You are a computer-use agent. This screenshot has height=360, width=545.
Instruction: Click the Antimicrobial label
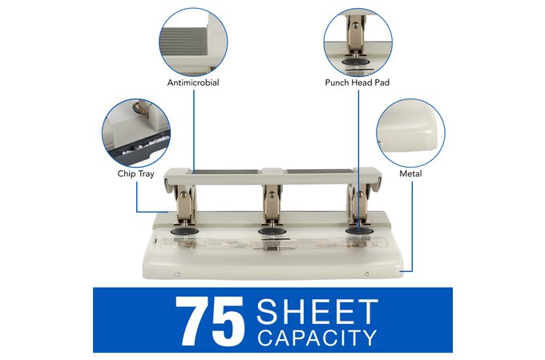pyautogui.click(x=193, y=83)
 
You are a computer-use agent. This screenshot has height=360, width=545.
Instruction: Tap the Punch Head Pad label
pyautogui.click(x=357, y=83)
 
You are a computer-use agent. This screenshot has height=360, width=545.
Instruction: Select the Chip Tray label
pyautogui.click(x=135, y=173)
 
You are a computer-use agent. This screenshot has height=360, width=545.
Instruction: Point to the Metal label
pyautogui.click(x=410, y=173)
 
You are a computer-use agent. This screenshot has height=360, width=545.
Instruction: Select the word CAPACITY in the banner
pyautogui.click(x=317, y=338)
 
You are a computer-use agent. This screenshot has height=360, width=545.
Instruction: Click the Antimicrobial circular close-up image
pyautogui.click(x=193, y=42)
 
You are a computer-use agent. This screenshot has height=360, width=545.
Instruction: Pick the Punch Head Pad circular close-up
pyautogui.click(x=358, y=42)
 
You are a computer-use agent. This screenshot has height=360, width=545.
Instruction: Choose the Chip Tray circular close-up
pyautogui.click(x=136, y=133)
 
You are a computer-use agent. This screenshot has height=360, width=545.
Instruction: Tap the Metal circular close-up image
pyautogui.click(x=410, y=133)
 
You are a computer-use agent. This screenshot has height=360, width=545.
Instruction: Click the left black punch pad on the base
pyautogui.click(x=184, y=232)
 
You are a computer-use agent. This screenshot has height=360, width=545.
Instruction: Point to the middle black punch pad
pyautogui.click(x=272, y=232)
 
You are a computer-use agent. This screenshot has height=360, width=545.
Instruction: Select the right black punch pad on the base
pyautogui.click(x=359, y=232)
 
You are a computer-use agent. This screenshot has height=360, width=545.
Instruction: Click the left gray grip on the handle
pyautogui.click(x=224, y=172)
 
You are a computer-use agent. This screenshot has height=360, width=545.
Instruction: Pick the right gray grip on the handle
pyautogui.click(x=320, y=172)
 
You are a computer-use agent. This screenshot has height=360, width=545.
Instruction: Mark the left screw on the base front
pyautogui.click(x=177, y=274)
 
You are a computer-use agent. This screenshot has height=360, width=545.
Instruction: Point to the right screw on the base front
pyautogui.click(x=367, y=274)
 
